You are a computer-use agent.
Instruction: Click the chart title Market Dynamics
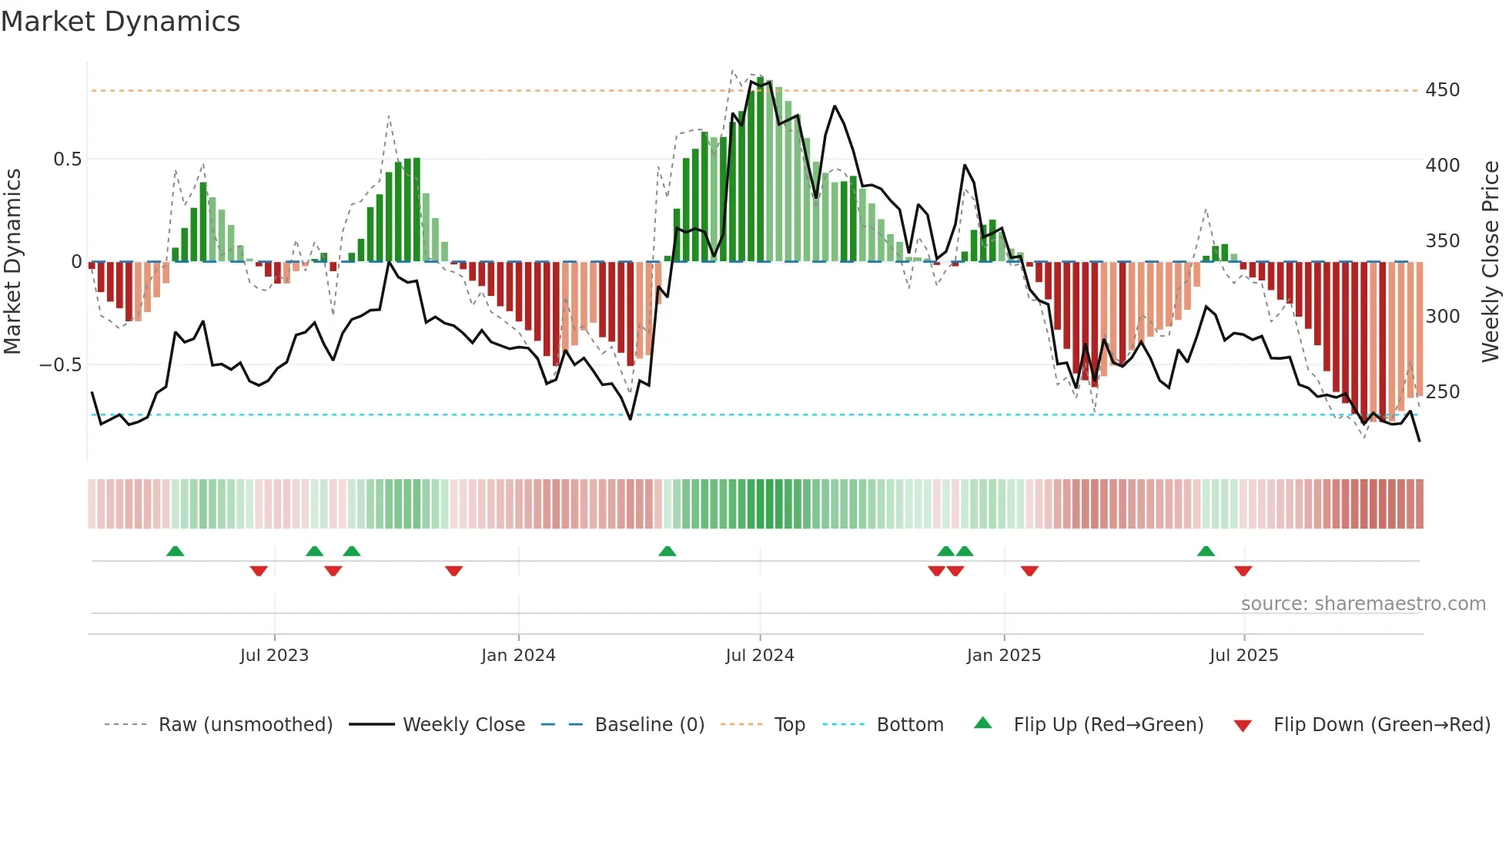point(120,22)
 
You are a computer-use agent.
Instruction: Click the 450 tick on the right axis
point(1442,90)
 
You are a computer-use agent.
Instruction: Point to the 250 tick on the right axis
point(1442,392)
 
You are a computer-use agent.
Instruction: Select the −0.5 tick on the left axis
point(60,364)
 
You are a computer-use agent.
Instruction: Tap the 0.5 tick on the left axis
point(67,159)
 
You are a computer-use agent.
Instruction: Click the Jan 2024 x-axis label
point(518,656)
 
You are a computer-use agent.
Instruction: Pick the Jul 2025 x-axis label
point(1243,656)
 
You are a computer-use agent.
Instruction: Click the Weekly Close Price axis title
point(1491,262)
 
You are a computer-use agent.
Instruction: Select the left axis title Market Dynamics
point(12,262)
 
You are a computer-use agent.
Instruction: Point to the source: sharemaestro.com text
point(1363,604)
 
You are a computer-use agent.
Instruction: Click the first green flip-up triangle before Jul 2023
point(176,551)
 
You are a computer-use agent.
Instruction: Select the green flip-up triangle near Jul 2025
point(1206,551)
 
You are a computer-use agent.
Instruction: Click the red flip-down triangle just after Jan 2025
point(1029,571)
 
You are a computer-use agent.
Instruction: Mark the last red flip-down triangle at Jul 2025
point(1243,571)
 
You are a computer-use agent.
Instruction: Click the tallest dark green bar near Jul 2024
point(760,169)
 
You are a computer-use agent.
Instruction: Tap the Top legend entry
point(789,725)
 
